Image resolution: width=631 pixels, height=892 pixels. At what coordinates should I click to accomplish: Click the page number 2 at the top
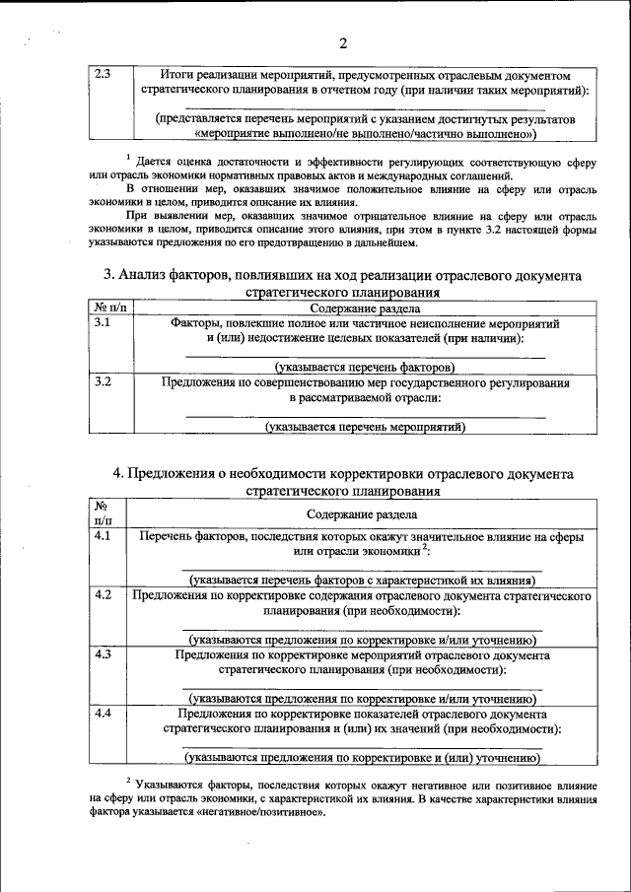(x=342, y=42)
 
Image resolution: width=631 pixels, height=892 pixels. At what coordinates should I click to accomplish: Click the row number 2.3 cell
(x=103, y=74)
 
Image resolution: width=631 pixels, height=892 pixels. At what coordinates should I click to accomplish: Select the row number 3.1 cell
(x=103, y=322)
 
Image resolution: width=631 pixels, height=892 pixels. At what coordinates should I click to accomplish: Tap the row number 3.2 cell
(x=103, y=380)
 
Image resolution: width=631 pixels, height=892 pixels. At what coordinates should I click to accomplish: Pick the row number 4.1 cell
(x=103, y=536)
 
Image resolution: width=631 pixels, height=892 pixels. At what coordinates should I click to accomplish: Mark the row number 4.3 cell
(x=103, y=653)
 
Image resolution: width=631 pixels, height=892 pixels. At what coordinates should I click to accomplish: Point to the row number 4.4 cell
(x=103, y=713)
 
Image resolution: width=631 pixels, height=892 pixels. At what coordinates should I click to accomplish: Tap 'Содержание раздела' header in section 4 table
(x=361, y=514)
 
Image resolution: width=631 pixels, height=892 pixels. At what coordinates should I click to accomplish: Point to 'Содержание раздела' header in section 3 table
(x=361, y=308)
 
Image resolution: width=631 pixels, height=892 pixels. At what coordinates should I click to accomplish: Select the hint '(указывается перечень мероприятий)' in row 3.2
(x=365, y=427)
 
